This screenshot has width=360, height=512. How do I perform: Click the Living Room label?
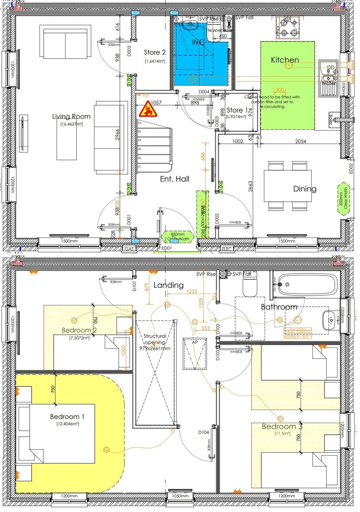click(71, 116)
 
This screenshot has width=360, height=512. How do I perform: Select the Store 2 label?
click(155, 52)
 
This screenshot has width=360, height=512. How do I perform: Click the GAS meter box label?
click(129, 249)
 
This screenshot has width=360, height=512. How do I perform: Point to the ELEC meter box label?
click(226, 249)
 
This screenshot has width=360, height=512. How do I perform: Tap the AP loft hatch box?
click(195, 353)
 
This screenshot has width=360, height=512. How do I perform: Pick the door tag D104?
click(203, 432)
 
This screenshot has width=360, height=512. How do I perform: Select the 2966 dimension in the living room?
click(117, 134)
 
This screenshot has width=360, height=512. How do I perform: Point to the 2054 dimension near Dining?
click(300, 141)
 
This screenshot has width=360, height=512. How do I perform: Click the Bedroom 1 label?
click(67, 417)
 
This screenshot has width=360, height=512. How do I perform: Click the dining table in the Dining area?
click(288, 186)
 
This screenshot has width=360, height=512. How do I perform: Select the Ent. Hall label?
click(174, 179)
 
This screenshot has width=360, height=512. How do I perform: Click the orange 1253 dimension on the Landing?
click(191, 291)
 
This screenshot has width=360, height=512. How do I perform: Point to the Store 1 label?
click(237, 110)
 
